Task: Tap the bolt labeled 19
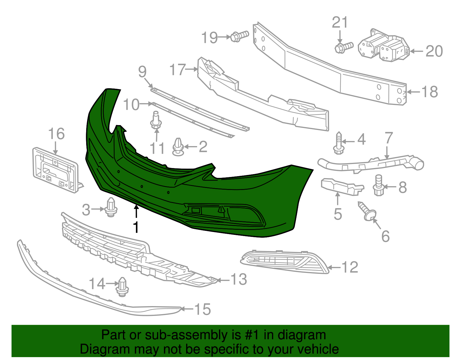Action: (x=239, y=36)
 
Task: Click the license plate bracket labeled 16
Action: (x=56, y=170)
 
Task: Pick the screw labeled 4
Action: (x=339, y=143)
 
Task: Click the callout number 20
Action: (x=434, y=51)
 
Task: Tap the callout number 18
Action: (x=429, y=92)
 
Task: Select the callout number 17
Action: (x=177, y=69)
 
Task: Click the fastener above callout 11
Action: (x=156, y=121)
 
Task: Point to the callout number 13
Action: (x=239, y=279)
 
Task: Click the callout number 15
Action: (x=203, y=309)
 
